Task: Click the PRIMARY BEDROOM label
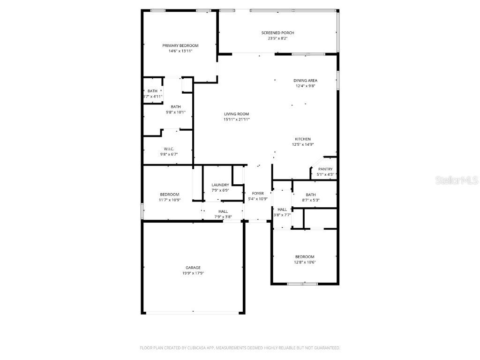pyautogui.click(x=180, y=45)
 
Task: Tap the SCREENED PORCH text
pyautogui.click(x=277, y=33)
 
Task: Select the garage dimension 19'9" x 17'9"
pyautogui.click(x=193, y=273)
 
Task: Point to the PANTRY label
pyautogui.click(x=325, y=169)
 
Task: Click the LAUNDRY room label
pyautogui.click(x=220, y=185)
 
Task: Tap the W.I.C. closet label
pyautogui.click(x=169, y=149)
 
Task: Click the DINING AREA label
pyautogui.click(x=306, y=81)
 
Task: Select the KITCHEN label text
pyautogui.click(x=302, y=139)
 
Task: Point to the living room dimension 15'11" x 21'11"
pyautogui.click(x=236, y=120)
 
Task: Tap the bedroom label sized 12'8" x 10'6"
pyautogui.click(x=305, y=257)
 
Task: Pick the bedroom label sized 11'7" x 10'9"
pyautogui.click(x=169, y=195)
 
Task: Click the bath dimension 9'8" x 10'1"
pyautogui.click(x=176, y=112)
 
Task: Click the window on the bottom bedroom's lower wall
pyautogui.click(x=302, y=284)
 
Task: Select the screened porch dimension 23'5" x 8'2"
pyautogui.click(x=277, y=38)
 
